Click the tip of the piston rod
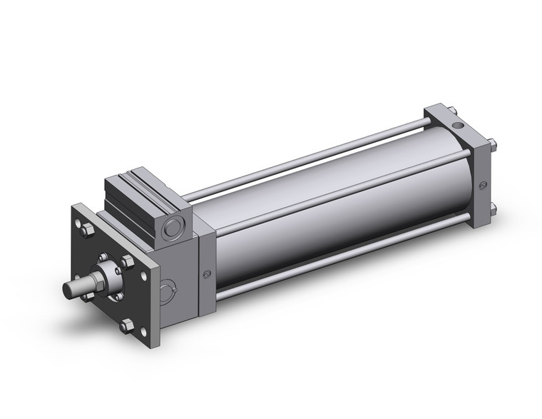click(x=67, y=291)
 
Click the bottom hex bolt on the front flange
click(x=127, y=326)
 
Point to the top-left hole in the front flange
click(x=78, y=213)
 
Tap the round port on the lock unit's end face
click(x=172, y=230)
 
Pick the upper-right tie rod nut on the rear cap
click(x=493, y=147)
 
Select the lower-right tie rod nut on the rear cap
click(x=493, y=208)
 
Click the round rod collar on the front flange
click(x=108, y=276)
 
